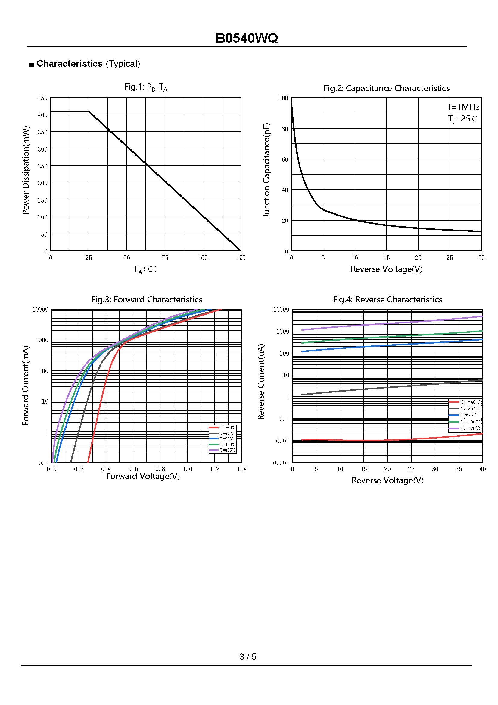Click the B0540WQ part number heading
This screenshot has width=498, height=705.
247,38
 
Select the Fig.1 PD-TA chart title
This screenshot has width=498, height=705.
146,87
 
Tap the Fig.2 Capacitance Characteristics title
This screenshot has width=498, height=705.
386,88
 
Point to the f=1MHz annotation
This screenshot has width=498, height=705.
463,107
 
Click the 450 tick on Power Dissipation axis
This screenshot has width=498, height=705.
43,98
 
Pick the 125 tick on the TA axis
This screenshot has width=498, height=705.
241,258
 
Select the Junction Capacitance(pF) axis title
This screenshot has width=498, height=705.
267,170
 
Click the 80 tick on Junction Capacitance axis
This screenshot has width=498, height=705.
285,129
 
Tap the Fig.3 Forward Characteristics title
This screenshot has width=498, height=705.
147,299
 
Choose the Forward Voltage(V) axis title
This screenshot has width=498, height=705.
143,476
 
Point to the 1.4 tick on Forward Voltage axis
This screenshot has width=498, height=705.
242,469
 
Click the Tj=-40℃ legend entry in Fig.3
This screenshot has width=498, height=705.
223,428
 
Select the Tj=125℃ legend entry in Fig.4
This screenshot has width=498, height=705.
464,429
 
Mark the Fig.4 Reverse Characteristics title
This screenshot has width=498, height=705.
388,299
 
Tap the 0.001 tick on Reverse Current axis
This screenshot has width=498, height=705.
281,463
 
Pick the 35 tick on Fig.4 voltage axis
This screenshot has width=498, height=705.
459,469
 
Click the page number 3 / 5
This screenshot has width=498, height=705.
248,656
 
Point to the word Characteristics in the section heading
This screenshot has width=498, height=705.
70,64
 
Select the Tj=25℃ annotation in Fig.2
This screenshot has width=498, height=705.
462,119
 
